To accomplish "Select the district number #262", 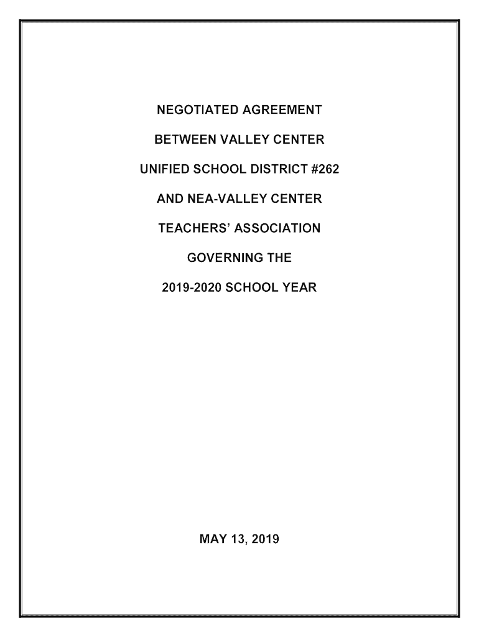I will click(x=323, y=170).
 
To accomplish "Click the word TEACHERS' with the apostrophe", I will click(x=190, y=229).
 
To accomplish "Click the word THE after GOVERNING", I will click(x=280, y=258).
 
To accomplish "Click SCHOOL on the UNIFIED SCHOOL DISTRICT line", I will click(x=215, y=170).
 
